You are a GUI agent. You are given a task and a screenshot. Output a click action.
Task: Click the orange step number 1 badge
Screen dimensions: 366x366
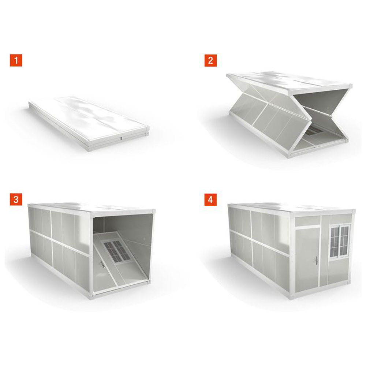point(16,60)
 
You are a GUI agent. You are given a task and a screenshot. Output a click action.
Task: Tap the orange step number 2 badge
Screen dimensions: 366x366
point(210,60)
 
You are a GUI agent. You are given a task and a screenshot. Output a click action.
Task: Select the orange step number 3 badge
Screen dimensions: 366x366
point(16,199)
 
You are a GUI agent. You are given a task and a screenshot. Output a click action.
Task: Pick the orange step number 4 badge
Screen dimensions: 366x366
point(210,199)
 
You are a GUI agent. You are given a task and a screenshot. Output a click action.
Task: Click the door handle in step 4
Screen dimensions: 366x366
point(317,260)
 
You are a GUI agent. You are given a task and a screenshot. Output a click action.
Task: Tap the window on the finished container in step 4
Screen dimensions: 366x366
point(339,241)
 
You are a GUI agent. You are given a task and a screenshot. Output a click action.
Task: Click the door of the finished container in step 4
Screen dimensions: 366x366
point(307,259)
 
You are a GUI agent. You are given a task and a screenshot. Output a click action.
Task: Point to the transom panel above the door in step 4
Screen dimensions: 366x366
point(308,221)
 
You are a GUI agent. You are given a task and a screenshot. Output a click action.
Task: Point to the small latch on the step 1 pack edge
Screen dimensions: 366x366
point(122,138)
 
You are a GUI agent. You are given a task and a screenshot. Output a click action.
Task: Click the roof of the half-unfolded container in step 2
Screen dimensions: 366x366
point(290,82)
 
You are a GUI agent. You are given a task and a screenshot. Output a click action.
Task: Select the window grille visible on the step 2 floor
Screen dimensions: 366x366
point(314,131)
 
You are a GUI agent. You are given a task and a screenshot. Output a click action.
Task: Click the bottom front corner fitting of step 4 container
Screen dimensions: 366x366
point(292,297)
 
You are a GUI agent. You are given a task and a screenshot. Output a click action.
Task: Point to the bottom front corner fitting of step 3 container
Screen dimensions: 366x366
point(91,297)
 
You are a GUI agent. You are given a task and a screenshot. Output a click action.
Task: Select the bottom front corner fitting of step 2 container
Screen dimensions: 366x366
point(290,155)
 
